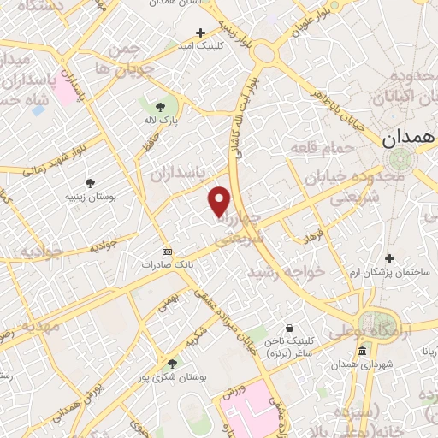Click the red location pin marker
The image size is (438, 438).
tap(221, 201)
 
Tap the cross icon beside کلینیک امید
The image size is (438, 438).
tap(200, 33)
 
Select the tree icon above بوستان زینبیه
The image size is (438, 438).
tap(90, 182)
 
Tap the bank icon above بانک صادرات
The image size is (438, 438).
tap(167, 252)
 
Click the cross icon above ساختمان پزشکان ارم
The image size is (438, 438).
tap(390, 258)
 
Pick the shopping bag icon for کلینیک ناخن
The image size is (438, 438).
tap(291, 328)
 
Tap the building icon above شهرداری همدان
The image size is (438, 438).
tap(363, 352)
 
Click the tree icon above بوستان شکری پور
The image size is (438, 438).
tap(173, 364)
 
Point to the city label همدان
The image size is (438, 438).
tap(408, 137)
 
